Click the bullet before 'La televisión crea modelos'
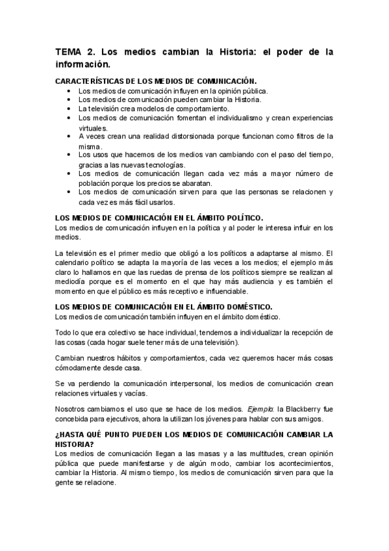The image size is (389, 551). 69,109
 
